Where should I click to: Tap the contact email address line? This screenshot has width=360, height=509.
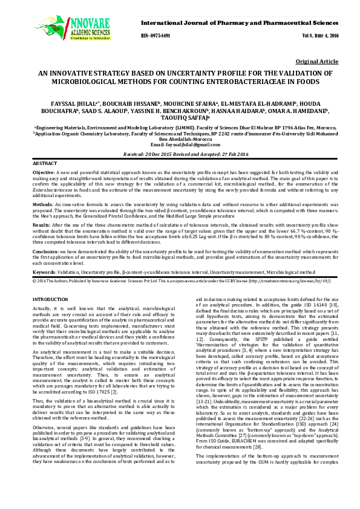pyautogui.click(x=180, y=146)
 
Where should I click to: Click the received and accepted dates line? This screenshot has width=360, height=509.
pyautogui.click(x=180, y=155)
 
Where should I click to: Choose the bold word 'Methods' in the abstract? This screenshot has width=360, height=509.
pyautogui.click(x=42, y=205)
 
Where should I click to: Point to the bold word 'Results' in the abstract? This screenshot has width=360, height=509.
pyautogui.click(x=42, y=224)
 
